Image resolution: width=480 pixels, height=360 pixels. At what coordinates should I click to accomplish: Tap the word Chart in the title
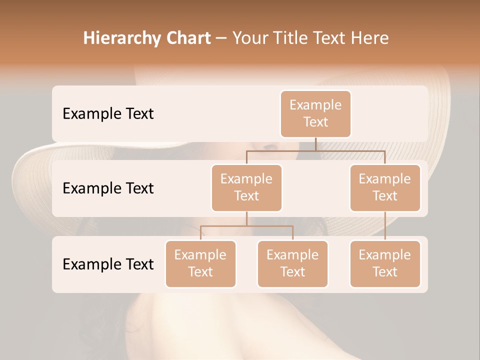coord(186,38)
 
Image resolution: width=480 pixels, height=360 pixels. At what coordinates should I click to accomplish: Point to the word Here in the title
coord(370,38)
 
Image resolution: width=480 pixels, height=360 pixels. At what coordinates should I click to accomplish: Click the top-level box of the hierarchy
coord(315,113)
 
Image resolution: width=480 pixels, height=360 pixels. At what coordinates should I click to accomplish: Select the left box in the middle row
coord(246,187)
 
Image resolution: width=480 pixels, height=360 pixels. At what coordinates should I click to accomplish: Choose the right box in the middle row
coord(385,187)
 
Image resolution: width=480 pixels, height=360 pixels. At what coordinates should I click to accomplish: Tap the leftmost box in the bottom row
coord(200,263)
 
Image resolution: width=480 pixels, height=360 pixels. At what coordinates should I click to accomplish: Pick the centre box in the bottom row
coord(292,263)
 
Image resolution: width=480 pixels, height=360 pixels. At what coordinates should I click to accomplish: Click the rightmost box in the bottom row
coord(385,263)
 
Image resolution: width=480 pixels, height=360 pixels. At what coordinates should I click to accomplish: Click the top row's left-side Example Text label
coord(108,113)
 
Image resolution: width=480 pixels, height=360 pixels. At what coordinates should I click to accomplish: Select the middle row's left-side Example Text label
coord(108,188)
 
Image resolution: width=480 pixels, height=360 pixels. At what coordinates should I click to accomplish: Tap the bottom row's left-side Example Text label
coord(108,264)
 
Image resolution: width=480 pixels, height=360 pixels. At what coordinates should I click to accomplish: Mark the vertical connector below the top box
coord(315,144)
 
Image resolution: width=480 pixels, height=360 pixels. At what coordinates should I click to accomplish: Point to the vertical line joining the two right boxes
coord(385,226)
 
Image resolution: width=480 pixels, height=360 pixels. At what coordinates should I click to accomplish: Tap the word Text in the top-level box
coord(315,122)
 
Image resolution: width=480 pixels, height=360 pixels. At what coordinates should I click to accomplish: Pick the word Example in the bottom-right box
coord(385,255)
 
